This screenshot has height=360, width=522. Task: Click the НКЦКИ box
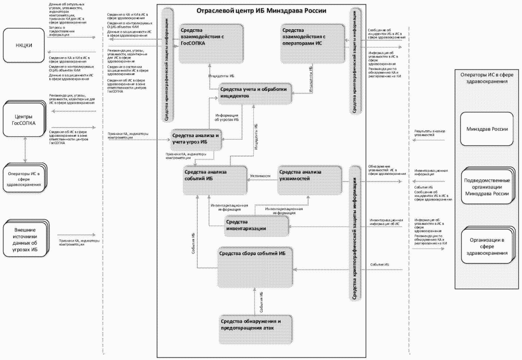(25, 47)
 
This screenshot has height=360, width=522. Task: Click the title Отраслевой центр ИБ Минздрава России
(261, 10)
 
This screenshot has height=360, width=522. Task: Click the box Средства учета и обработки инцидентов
(255, 92)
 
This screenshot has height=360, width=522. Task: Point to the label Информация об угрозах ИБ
(227, 118)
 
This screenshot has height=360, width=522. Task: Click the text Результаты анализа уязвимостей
(430, 132)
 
